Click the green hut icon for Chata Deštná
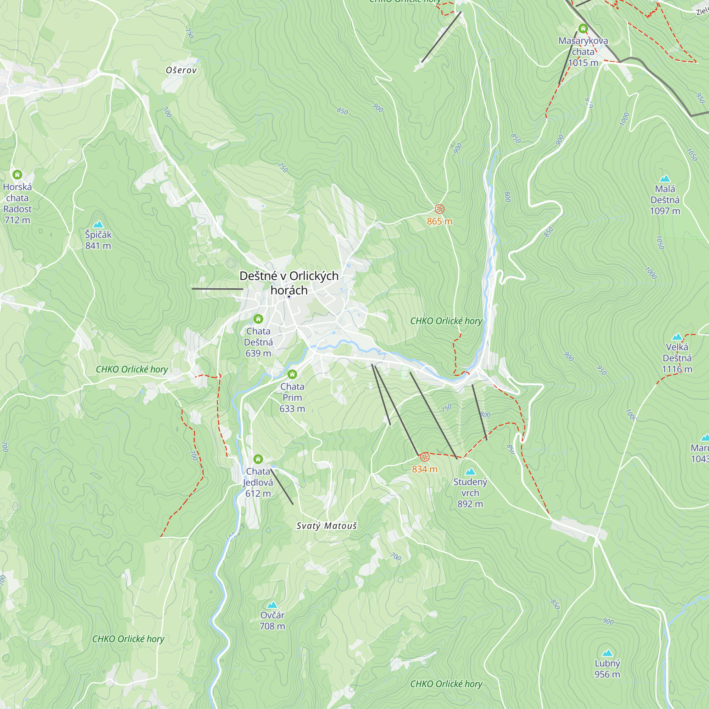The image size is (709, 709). (258, 319)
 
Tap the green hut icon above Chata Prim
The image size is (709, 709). (292, 374)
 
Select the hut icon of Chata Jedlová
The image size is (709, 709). (258, 459)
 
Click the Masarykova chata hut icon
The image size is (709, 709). (583, 28)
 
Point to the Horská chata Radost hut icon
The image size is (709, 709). (17, 174)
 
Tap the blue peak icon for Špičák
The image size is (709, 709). (98, 224)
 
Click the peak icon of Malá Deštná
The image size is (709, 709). (665, 179)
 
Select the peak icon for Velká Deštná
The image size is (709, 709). (677, 337)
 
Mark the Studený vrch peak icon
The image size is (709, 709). (470, 471)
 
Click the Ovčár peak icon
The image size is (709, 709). (272, 605)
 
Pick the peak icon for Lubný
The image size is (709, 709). (607, 653)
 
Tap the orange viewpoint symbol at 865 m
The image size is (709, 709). (440, 209)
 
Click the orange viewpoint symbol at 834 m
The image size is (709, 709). (425, 457)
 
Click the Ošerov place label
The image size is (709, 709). (181, 70)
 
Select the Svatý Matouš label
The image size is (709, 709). (326, 526)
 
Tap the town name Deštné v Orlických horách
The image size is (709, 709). (289, 283)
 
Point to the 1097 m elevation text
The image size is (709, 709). (665, 211)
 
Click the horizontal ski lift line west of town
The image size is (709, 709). (217, 289)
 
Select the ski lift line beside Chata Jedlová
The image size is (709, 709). (282, 487)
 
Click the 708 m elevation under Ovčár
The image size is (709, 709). (272, 626)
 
